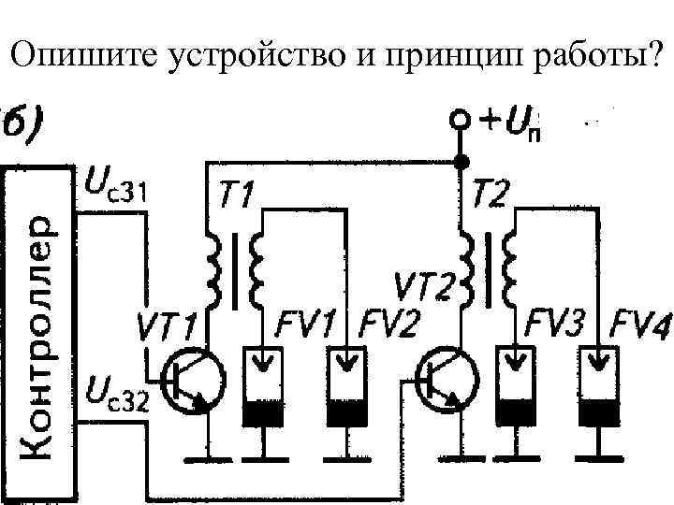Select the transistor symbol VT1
192,379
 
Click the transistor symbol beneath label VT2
446,379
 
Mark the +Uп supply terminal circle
460,123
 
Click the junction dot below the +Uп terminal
460,163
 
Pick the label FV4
640,328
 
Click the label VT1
169,328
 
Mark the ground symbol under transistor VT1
207,458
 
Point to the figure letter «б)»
28,122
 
